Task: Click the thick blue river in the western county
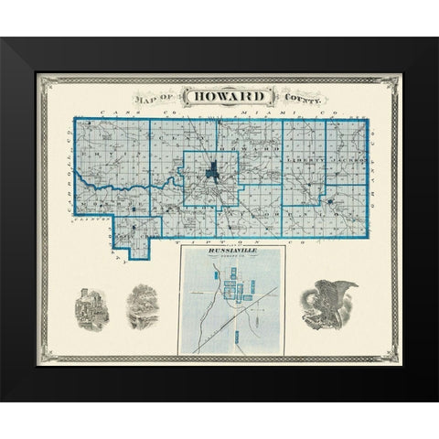coord(101,182)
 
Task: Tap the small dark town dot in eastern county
coord(328,198)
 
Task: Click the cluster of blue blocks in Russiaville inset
coord(239,292)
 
